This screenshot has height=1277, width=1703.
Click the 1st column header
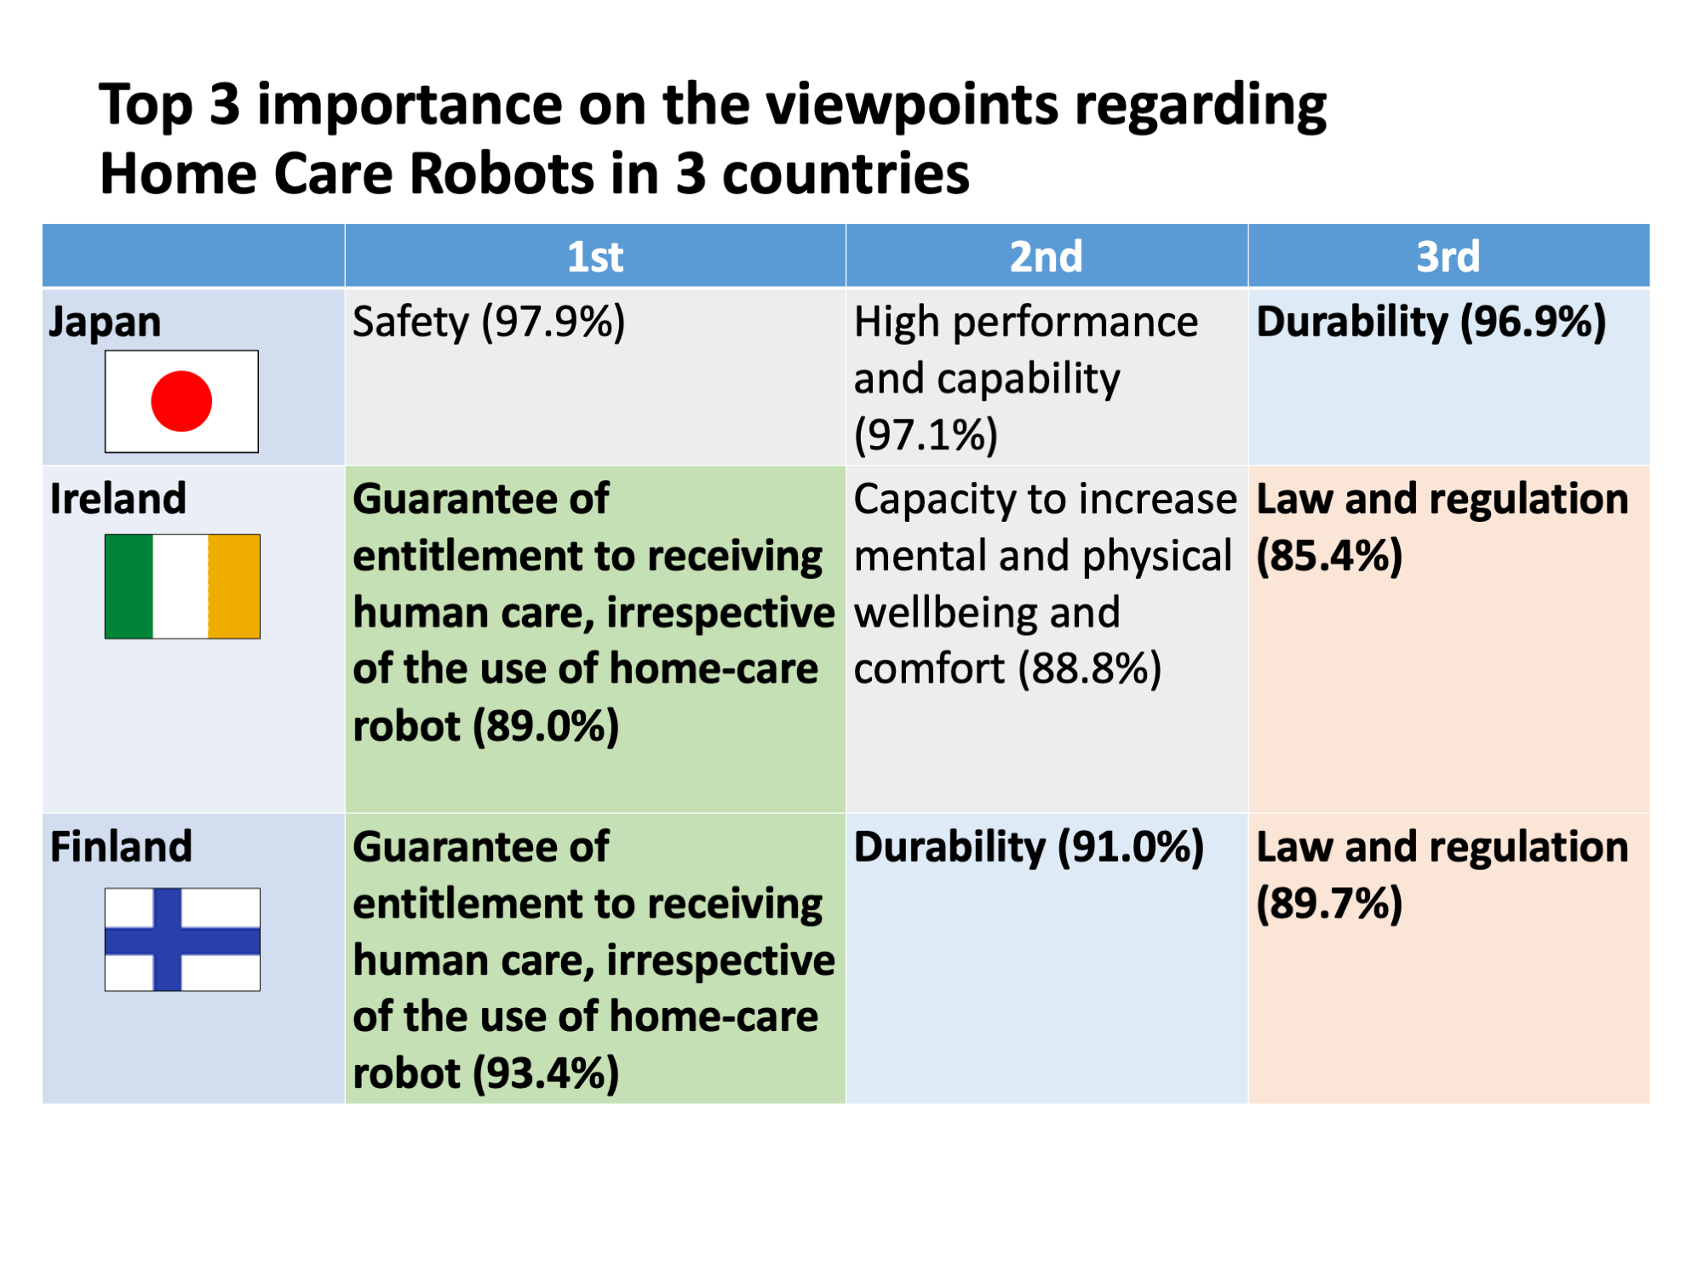tap(595, 256)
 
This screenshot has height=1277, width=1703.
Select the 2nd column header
tap(1046, 256)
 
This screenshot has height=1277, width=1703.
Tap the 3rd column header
tap(1448, 256)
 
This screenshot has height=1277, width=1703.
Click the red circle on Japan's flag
tap(181, 401)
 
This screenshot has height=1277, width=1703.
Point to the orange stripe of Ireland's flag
tap(234, 587)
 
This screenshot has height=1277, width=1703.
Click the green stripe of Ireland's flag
tap(129, 587)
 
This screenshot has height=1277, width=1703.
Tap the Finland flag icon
tap(182, 939)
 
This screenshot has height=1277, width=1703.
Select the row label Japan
tap(105, 324)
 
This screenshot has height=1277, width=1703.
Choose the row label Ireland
tap(118, 499)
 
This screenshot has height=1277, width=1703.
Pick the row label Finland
tap(121, 847)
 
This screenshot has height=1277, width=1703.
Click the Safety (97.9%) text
tap(489, 324)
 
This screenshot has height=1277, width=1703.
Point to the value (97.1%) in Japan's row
tap(926, 435)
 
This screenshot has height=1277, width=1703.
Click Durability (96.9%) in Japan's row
tap(1431, 324)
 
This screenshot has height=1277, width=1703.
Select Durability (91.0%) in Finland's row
tap(1029, 848)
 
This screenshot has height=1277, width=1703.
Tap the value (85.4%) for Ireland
tap(1329, 556)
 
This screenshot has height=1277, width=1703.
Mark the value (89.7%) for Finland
tap(1329, 904)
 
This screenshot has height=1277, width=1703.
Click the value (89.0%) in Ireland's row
tap(546, 727)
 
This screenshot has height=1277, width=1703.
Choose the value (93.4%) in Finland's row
tap(546, 1074)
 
